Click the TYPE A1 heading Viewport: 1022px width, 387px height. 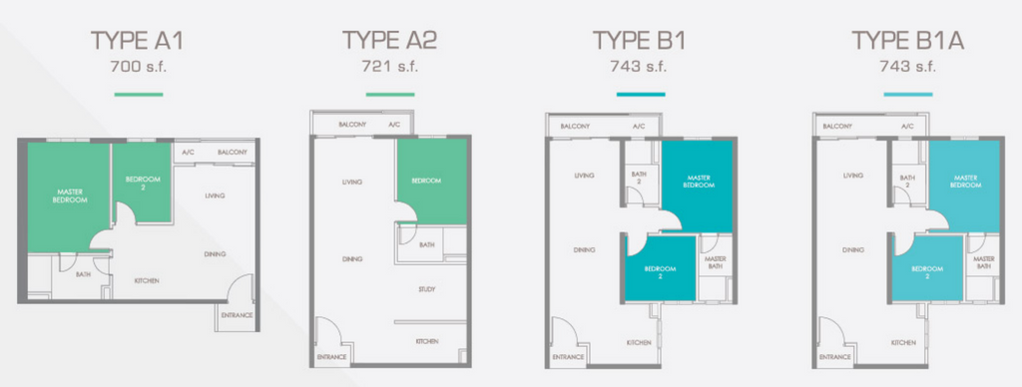point(137,40)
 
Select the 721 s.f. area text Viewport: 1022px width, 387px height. point(389,67)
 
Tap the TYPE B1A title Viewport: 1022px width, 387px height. point(908,40)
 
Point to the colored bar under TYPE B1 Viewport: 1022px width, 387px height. point(641,95)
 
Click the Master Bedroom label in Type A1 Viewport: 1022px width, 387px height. point(69,195)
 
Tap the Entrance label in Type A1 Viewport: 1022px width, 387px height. point(237,315)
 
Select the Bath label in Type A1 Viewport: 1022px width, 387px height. point(84,275)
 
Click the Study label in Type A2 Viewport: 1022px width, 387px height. point(427,289)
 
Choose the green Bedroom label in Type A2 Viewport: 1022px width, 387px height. point(426,181)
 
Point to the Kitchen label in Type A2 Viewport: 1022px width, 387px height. point(427,341)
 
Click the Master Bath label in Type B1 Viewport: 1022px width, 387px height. point(716,262)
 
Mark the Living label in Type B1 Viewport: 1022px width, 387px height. point(583,176)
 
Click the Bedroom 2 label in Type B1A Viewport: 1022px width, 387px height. point(926,271)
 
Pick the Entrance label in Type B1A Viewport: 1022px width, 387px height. point(835,357)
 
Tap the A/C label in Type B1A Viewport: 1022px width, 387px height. point(906,127)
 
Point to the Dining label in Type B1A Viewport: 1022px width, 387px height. point(852,249)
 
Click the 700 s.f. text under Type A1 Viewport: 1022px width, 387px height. point(138,67)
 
